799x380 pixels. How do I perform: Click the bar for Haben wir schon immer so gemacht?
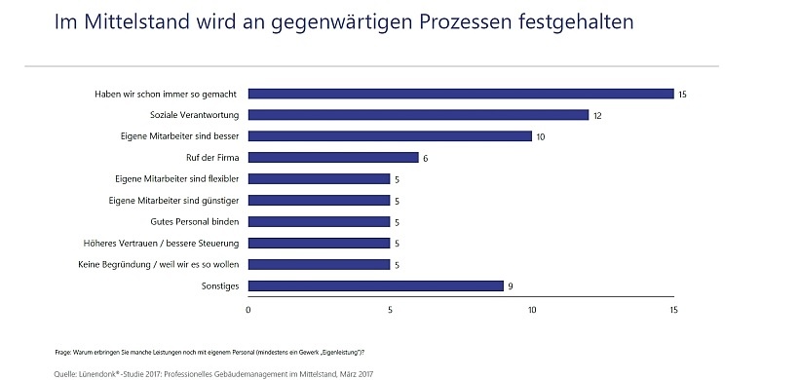461,94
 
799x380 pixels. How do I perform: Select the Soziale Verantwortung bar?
418,115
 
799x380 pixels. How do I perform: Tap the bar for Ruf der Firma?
333,158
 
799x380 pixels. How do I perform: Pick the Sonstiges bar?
375,285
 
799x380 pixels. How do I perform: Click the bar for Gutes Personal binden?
319,221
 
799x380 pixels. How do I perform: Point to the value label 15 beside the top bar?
683,95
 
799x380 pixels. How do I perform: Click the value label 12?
598,116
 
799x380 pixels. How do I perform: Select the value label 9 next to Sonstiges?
511,286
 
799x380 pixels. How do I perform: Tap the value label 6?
426,158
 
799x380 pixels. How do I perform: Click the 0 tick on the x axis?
248,310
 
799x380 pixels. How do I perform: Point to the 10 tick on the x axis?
531,310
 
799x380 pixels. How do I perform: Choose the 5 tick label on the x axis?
390,310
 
